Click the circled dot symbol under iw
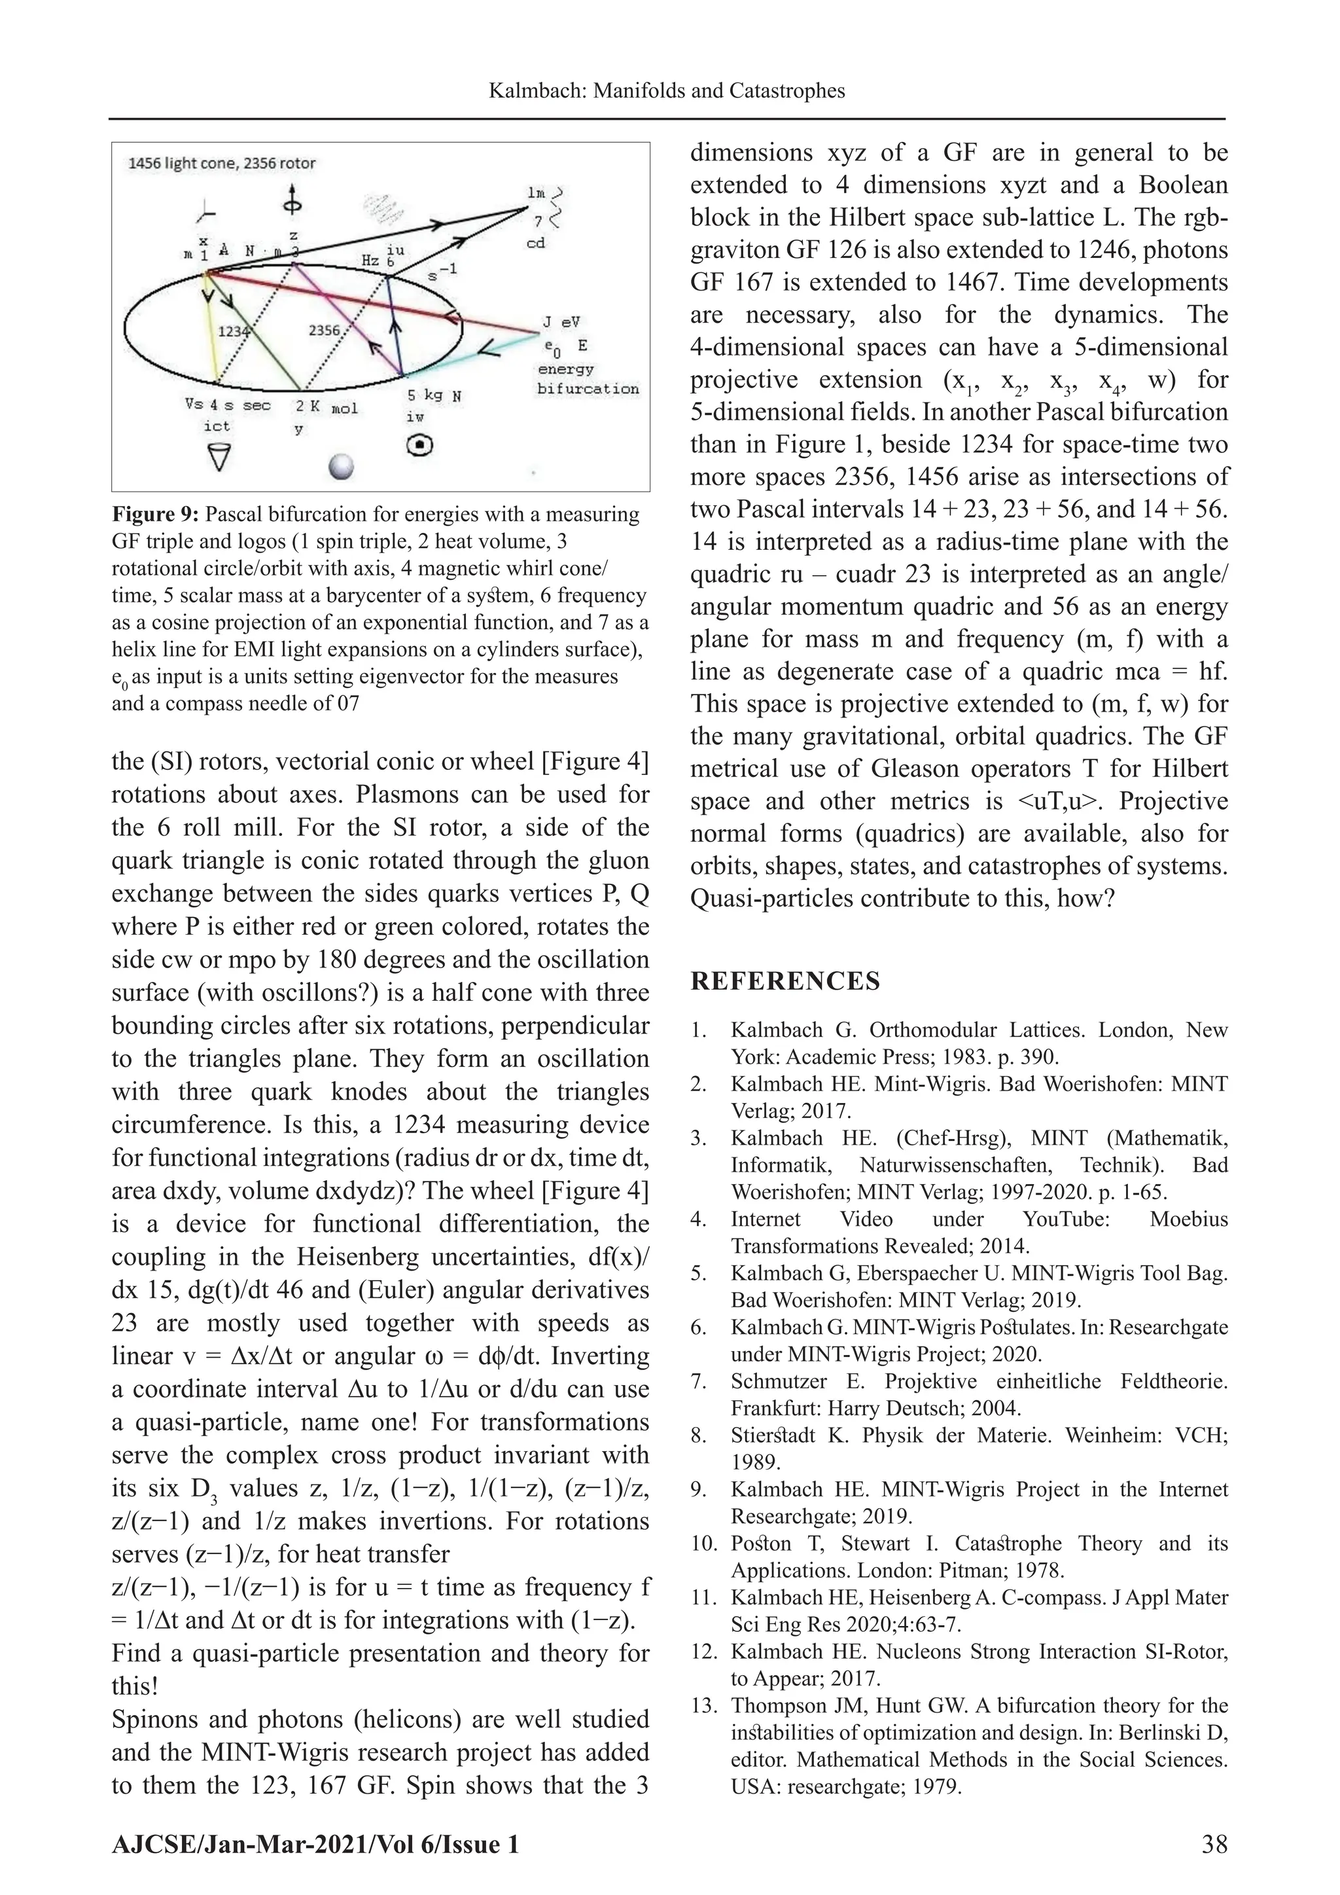[421, 446]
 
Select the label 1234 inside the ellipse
[233, 331]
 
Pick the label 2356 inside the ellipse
[325, 330]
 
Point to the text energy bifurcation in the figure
[588, 379]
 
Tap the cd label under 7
[537, 244]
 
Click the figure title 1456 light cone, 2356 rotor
[221, 164]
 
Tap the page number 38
[1214, 1845]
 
